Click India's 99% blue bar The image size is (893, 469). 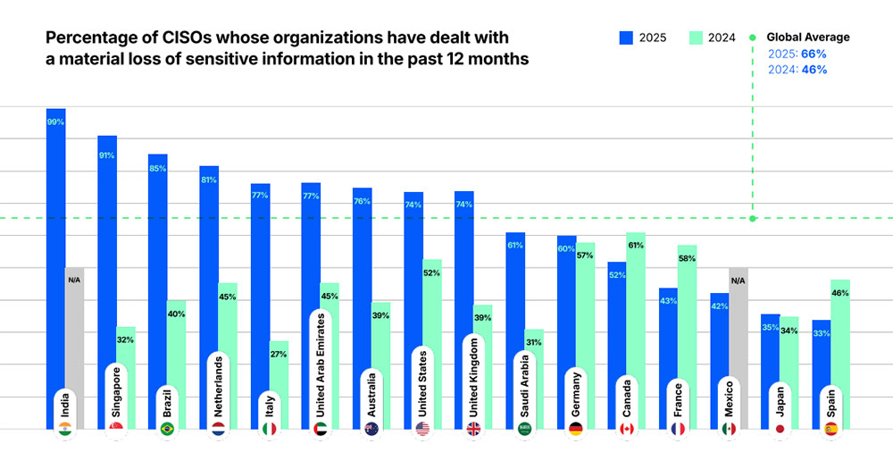click(55, 250)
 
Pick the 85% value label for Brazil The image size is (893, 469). click(158, 169)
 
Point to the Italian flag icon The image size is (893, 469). click(269, 429)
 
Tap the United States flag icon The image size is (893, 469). click(422, 429)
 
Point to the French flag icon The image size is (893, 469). click(678, 429)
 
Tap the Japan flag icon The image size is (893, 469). click(780, 429)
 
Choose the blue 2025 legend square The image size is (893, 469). click(627, 38)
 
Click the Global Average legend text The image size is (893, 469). click(809, 38)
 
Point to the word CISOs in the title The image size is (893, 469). click(164, 39)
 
